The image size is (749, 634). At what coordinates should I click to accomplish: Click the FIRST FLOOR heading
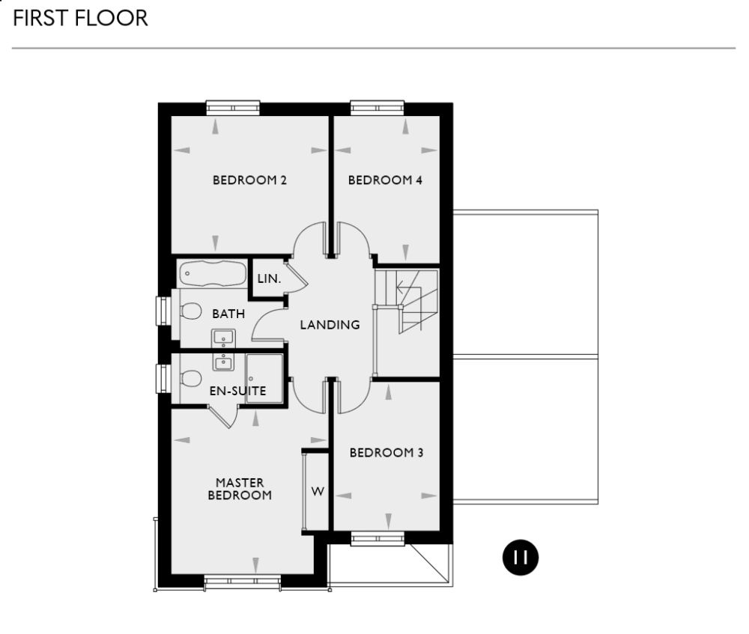tap(80, 19)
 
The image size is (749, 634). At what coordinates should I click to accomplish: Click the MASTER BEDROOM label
tap(240, 489)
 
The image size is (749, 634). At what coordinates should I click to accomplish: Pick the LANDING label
tap(330, 325)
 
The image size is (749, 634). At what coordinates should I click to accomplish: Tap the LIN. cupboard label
tap(269, 278)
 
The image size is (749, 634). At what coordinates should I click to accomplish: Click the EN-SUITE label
tap(237, 390)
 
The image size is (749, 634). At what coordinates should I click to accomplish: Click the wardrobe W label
tap(318, 492)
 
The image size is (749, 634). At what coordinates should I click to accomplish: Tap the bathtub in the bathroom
tap(212, 273)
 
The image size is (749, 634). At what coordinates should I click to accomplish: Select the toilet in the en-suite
tap(190, 378)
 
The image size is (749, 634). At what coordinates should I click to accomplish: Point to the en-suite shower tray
tap(264, 378)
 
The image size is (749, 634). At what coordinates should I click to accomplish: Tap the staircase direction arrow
tap(407, 286)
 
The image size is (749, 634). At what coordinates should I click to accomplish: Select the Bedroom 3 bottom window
tap(378, 538)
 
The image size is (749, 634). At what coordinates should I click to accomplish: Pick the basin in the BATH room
tap(224, 338)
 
